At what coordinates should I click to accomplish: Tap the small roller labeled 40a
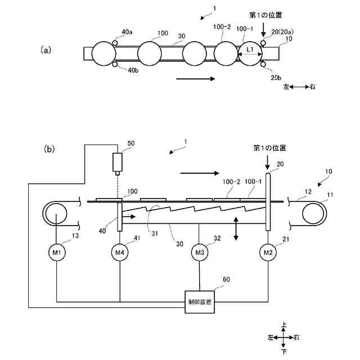click(115, 43)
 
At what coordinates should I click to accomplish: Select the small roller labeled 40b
click(115, 65)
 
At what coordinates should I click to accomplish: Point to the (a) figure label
click(46, 50)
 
